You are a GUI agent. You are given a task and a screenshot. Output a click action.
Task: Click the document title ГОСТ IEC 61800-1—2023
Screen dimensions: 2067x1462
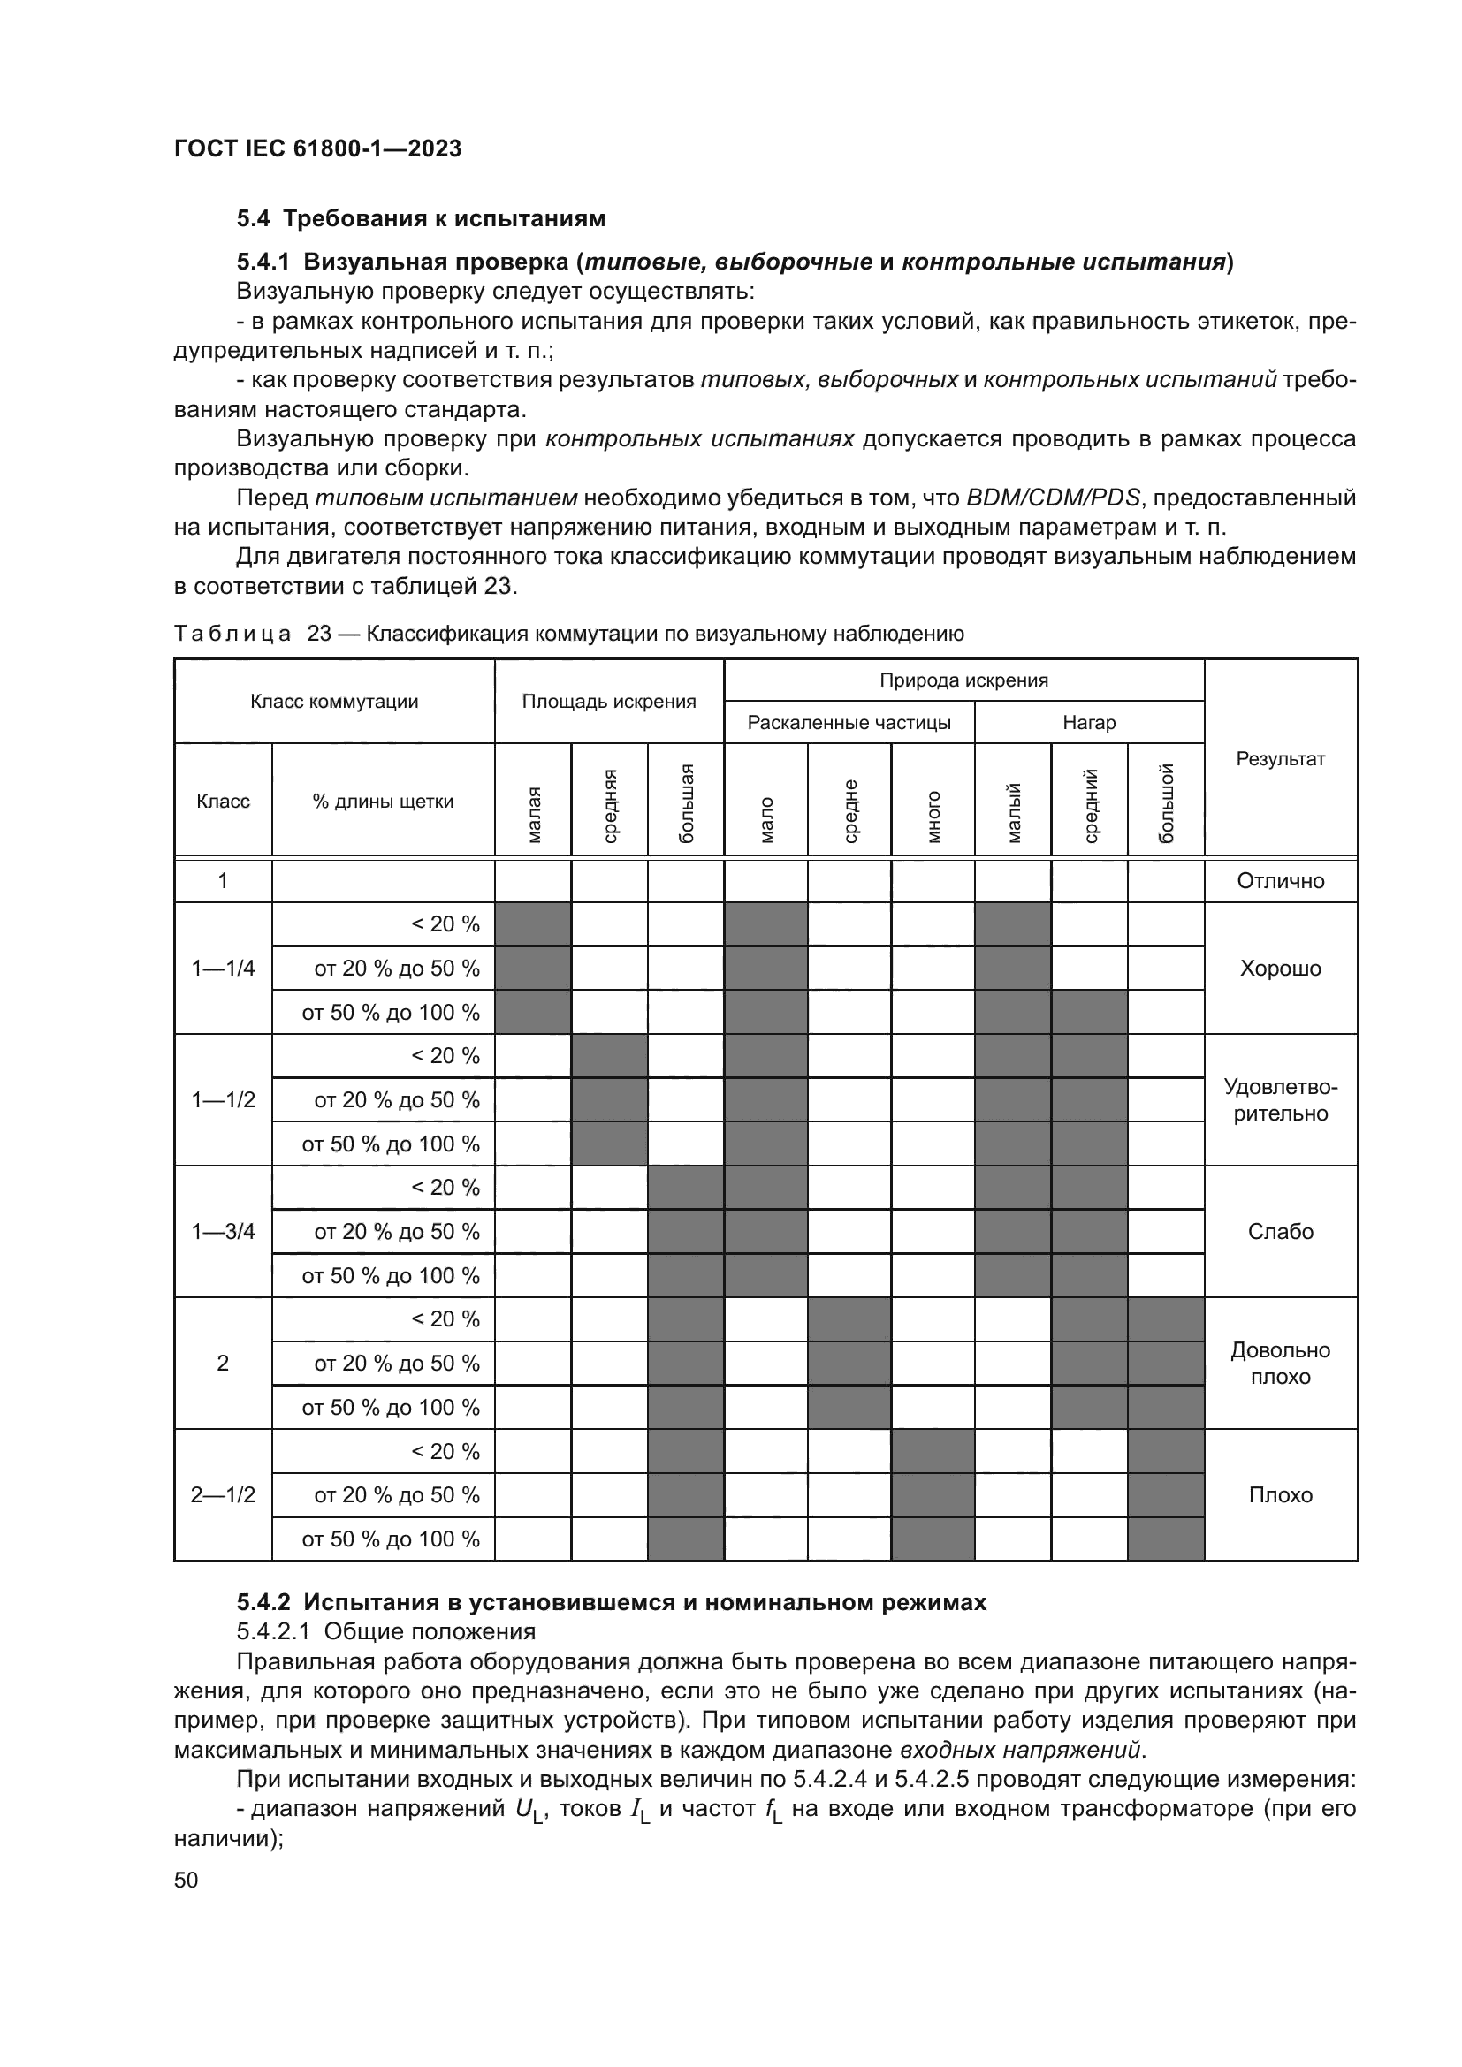pos(317,148)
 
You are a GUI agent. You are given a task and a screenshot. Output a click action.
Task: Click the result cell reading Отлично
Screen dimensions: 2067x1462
pos(1280,880)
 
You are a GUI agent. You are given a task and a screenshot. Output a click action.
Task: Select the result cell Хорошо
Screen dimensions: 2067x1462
pos(1280,969)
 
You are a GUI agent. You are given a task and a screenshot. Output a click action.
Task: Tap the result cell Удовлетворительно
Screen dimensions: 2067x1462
pos(1280,1100)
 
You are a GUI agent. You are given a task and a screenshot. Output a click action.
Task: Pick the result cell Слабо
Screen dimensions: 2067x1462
pos(1280,1232)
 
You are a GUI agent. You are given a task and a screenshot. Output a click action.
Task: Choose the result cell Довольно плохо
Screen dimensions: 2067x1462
pos(1280,1363)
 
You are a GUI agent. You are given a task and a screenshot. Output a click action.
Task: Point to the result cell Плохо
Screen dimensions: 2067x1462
pos(1280,1495)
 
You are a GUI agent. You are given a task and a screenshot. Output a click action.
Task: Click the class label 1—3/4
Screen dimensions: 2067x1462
pos(223,1232)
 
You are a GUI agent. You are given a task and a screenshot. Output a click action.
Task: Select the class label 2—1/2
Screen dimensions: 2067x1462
pos(223,1495)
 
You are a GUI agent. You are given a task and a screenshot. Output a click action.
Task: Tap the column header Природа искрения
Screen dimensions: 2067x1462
pos(963,680)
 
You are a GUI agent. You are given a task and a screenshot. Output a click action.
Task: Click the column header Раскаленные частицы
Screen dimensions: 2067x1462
pos(849,723)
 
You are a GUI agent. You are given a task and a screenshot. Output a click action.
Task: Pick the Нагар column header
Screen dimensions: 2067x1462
pos(1088,723)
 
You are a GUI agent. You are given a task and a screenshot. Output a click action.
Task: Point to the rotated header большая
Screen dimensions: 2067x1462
pos(686,802)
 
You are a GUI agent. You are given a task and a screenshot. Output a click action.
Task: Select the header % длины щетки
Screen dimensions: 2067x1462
pos(383,802)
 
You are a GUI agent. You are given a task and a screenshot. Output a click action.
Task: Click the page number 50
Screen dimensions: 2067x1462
pos(186,1880)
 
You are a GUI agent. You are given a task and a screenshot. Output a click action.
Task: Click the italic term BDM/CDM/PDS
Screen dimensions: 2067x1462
pos(1053,498)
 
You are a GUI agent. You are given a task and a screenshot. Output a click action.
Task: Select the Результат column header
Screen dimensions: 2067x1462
pos(1280,759)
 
